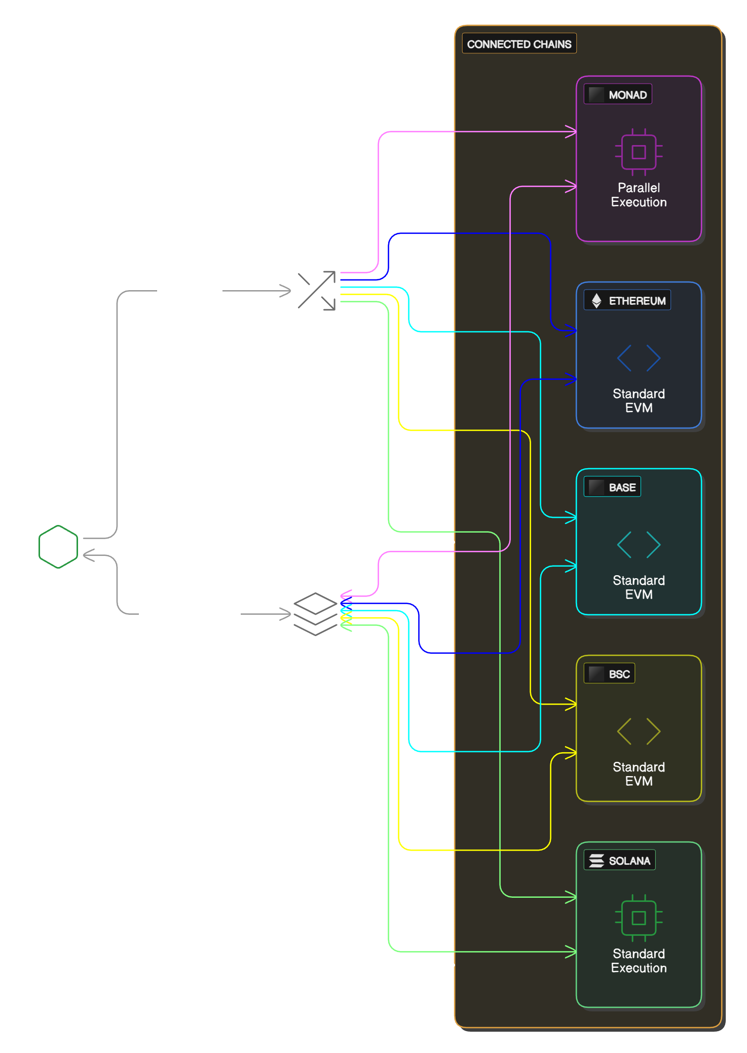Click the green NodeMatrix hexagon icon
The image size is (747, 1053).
pos(58,547)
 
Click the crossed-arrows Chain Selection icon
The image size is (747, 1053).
pos(317,291)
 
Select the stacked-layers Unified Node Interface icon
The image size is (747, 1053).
pos(315,614)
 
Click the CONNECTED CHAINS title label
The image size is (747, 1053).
pos(519,44)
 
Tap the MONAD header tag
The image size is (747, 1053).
pos(618,95)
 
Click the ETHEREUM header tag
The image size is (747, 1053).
pos(627,301)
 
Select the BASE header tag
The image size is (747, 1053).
pos(612,487)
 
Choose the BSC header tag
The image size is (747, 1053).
pos(609,674)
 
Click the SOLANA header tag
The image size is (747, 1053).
pos(619,861)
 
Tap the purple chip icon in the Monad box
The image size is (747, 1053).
pos(639,152)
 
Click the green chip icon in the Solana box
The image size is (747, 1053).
pos(639,918)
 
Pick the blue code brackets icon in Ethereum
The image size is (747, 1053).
pos(639,358)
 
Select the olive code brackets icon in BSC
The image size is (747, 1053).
pos(639,731)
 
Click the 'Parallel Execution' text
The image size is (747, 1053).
pos(639,195)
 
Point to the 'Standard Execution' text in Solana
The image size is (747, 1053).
pos(639,961)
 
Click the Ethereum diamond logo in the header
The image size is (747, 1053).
pos(596,301)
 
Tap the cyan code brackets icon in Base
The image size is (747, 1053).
pos(639,545)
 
